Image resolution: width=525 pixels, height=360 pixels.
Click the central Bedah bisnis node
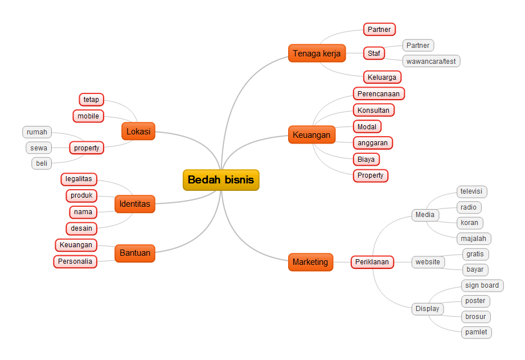coord(221,180)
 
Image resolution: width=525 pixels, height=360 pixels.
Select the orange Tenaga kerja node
coord(317,54)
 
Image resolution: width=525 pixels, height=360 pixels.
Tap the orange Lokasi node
coord(138,132)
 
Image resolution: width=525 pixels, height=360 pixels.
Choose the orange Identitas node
coord(135,204)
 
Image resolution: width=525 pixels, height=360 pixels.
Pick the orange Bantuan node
coord(135,253)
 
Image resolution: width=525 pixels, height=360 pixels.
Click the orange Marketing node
coord(310,262)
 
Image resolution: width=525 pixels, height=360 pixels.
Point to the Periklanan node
coord(372,262)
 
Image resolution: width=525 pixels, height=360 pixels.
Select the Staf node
coord(374,54)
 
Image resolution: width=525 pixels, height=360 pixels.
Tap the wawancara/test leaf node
coord(431,61)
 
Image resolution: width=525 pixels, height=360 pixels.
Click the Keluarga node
coord(382,77)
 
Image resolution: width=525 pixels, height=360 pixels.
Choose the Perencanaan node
coord(379,93)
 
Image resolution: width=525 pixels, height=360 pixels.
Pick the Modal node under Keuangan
coord(367,126)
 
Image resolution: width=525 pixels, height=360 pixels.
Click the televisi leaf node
coord(472,192)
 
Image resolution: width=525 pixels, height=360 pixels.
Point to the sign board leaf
coord(482,285)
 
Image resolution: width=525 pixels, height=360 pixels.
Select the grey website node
coord(428,262)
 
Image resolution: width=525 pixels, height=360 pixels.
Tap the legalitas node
coord(79,179)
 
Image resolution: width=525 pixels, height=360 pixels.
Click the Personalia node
coord(75,261)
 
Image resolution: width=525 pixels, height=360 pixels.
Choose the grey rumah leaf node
coord(37,132)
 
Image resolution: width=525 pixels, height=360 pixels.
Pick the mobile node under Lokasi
coord(88,116)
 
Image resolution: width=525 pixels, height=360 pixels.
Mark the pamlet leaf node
coord(476,332)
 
